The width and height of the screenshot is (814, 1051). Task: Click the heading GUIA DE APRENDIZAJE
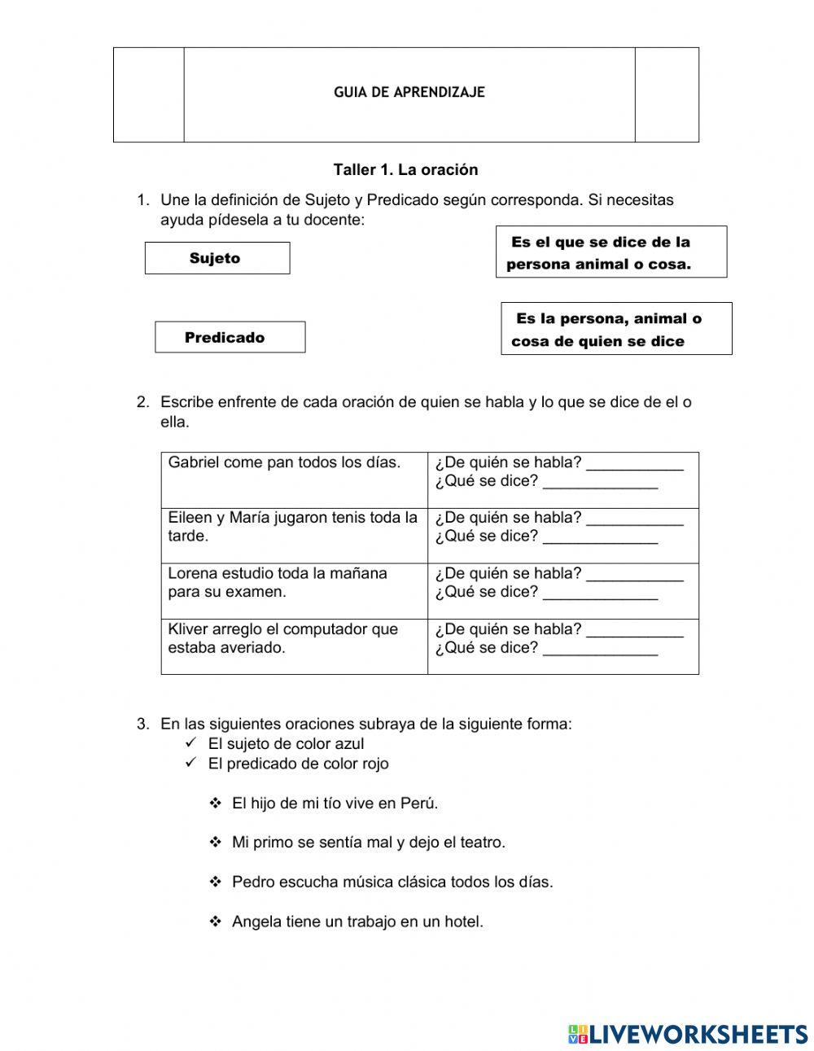point(409,93)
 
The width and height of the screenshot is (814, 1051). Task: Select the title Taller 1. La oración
point(405,170)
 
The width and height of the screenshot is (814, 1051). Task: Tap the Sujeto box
point(217,258)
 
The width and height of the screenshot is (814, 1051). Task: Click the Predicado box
point(230,337)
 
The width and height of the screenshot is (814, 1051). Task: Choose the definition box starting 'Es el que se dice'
point(610,252)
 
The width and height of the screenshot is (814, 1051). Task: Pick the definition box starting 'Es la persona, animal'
point(615,329)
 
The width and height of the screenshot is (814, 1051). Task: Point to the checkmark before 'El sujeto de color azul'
point(191,743)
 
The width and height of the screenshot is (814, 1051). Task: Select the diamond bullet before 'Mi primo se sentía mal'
point(216,843)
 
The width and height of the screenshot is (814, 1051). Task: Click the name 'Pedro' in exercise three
point(251,882)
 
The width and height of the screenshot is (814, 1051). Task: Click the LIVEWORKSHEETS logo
point(688,1033)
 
